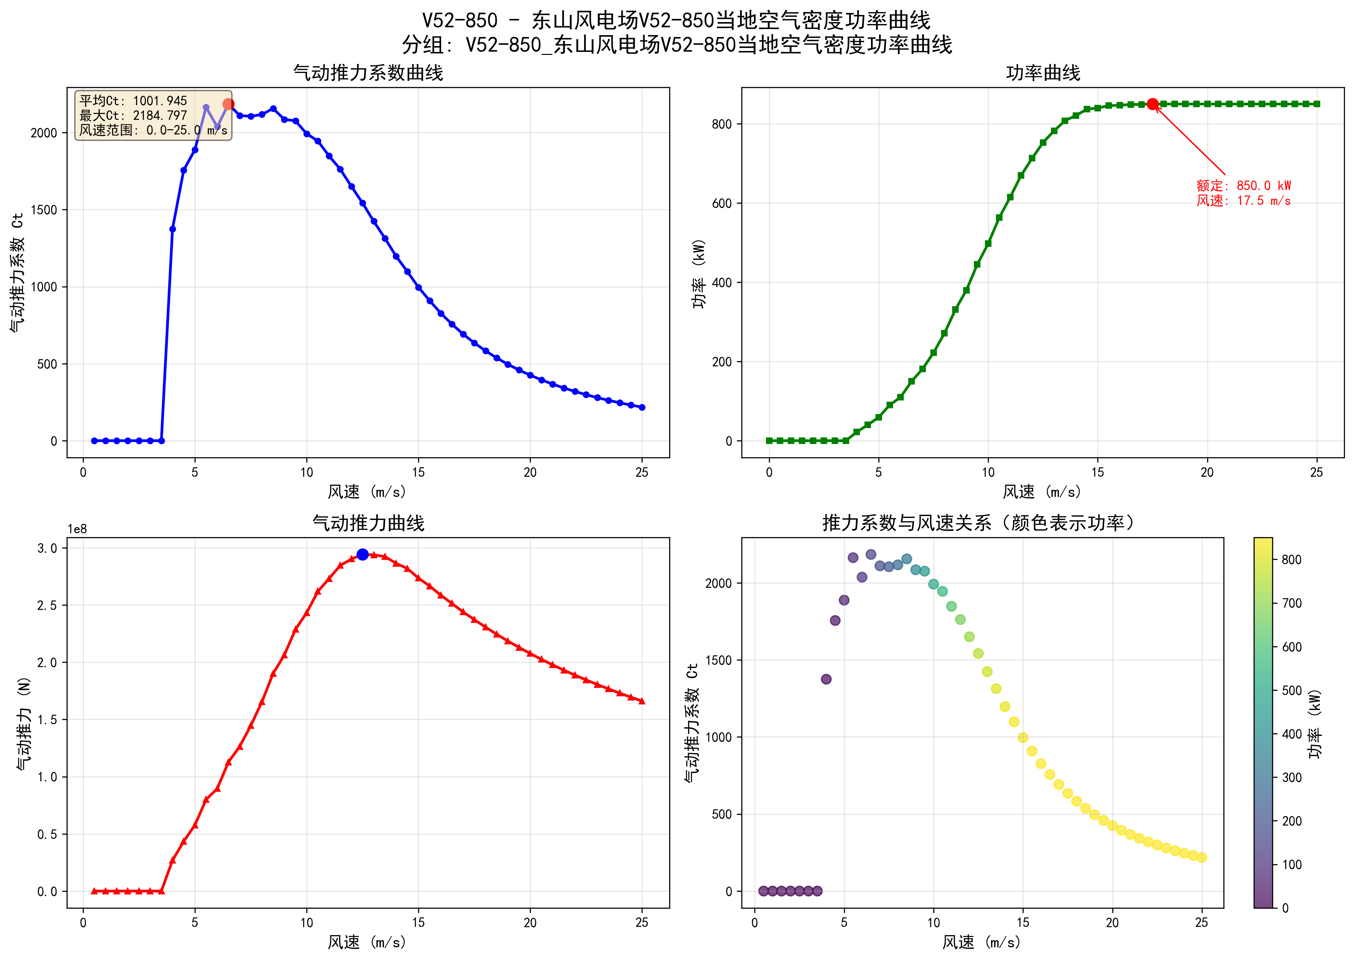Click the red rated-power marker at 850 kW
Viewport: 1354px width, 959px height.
1152,104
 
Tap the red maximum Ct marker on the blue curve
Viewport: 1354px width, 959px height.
228,104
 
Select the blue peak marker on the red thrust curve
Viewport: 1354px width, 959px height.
362,554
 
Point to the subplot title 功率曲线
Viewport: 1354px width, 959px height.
1043,73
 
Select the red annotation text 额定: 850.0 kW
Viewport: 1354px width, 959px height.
1244,185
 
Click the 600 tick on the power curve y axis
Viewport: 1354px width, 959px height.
722,203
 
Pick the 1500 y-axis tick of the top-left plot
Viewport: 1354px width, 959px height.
44,210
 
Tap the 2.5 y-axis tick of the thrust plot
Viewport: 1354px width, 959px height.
47,605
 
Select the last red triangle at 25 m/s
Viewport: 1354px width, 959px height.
642,701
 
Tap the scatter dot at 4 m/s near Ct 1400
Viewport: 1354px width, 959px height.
826,679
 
